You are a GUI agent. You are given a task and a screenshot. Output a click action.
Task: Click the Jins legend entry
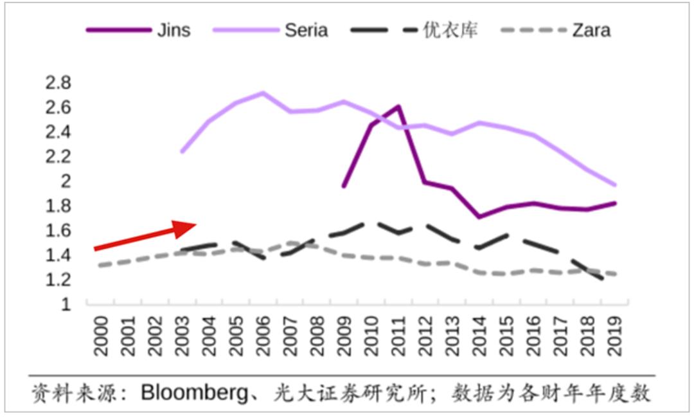point(173,30)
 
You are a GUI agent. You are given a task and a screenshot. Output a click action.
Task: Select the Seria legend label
point(306,30)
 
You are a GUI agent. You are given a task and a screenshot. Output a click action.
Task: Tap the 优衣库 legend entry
point(450,30)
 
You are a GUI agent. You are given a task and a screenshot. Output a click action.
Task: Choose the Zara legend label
point(591,30)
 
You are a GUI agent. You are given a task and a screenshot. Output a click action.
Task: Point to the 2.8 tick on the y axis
point(58,83)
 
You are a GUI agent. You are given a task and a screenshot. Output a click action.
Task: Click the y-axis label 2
point(66,181)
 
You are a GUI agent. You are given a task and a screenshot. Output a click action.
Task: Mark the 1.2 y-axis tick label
point(58,280)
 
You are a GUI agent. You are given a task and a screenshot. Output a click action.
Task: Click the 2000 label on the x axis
point(101,336)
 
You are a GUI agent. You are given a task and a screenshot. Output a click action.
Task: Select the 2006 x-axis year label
point(263,336)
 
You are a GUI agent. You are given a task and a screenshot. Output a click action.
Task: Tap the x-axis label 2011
point(398,336)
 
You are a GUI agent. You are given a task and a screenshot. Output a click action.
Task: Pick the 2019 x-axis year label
point(614,336)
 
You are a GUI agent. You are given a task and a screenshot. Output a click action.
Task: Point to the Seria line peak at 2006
point(263,93)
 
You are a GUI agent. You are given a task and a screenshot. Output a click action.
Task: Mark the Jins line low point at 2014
point(479,217)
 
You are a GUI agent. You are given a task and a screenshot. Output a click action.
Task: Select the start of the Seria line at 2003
point(182,152)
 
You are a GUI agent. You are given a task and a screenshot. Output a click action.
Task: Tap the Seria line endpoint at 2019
point(615,185)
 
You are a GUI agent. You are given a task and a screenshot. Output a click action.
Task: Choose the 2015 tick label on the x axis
point(506,336)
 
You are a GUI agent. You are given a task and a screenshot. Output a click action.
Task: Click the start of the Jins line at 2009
point(344,186)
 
